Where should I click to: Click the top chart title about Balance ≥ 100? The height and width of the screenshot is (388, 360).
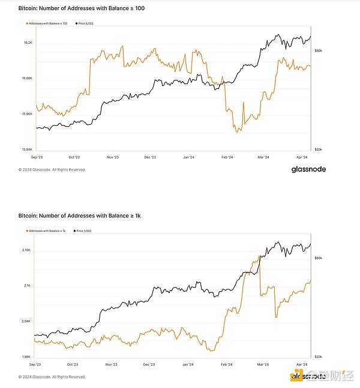pyautogui.click(x=82, y=8)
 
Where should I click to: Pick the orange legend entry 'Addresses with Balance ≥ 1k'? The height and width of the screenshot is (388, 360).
pyautogui.click(x=47, y=230)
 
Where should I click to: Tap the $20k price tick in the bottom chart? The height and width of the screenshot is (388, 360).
pyautogui.click(x=319, y=356)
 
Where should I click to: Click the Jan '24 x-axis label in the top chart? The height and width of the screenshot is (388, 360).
pyautogui.click(x=188, y=157)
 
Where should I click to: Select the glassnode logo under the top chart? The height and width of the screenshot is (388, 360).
pyautogui.click(x=304, y=169)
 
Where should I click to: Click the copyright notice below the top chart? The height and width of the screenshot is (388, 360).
pyautogui.click(x=52, y=170)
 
